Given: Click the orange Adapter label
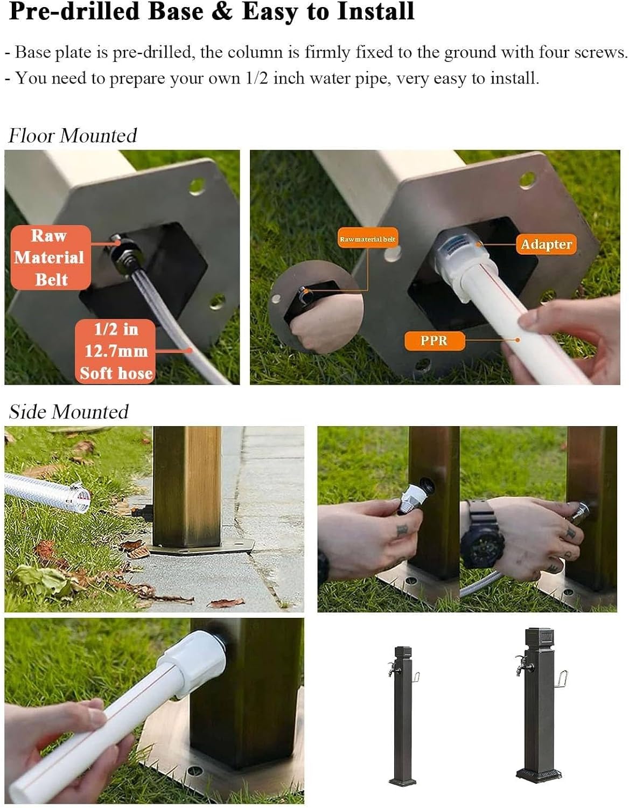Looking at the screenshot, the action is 546,245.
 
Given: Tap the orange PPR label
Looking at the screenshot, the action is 434,340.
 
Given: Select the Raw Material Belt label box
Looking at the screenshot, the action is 51,257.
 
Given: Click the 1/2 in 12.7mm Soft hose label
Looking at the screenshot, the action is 115,351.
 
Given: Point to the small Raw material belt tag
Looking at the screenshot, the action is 367,239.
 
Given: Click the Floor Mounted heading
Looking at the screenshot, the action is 73,135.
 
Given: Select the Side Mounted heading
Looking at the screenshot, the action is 68,412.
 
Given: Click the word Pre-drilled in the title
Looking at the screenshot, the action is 74,11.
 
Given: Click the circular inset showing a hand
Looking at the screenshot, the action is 316,307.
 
